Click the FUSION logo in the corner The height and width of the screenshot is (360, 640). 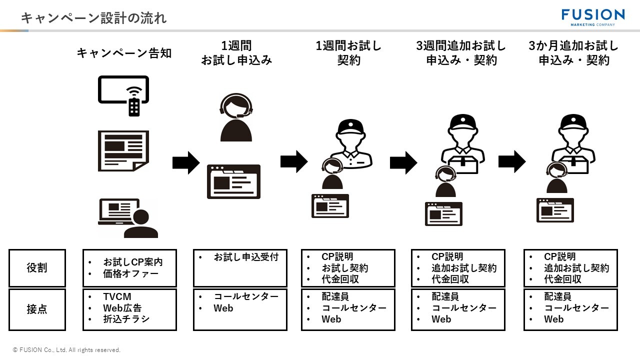coord(592,16)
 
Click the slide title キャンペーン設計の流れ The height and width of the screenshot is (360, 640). coord(93,18)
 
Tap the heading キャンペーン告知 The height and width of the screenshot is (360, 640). coord(124,53)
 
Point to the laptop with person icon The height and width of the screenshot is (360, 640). coord(128,217)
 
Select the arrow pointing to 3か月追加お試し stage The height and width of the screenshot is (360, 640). coord(512,161)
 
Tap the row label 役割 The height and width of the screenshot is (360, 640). coord(37,268)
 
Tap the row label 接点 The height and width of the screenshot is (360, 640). coord(37,309)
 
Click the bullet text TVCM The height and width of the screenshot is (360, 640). coord(117,297)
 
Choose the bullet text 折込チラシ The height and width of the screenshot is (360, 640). coord(126,319)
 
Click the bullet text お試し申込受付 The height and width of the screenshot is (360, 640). coord(246,257)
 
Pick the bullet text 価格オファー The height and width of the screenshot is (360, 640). coord(130,273)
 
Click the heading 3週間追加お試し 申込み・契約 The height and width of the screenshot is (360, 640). coord(461,53)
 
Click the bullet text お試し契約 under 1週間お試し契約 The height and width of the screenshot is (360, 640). coord(344,268)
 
